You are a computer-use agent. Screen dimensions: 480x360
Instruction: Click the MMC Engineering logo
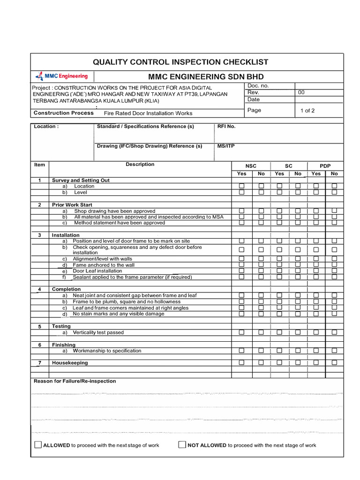(62, 76)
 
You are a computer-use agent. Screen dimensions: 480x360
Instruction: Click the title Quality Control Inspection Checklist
(180, 62)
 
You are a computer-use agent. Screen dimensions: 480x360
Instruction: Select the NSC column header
(251, 166)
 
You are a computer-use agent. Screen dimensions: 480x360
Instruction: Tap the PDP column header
(325, 166)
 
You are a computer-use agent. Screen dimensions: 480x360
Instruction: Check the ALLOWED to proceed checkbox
(38, 445)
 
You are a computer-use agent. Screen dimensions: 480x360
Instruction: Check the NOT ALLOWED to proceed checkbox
(182, 445)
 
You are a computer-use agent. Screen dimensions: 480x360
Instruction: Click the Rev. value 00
(301, 92)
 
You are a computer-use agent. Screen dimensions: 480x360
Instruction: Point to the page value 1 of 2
(307, 111)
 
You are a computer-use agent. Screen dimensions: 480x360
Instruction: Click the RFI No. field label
(226, 127)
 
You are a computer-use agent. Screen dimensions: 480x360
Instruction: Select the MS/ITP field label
(226, 146)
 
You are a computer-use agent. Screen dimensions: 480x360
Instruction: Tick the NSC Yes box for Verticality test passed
(242, 332)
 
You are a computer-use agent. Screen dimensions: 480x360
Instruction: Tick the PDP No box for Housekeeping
(334, 362)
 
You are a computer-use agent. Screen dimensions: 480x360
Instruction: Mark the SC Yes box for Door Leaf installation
(279, 271)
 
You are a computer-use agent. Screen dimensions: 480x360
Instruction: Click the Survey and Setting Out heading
(81, 180)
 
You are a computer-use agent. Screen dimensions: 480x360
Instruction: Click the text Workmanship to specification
(107, 351)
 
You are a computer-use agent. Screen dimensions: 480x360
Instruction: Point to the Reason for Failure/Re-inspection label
(75, 381)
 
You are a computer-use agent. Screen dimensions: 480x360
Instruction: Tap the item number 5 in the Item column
(40, 326)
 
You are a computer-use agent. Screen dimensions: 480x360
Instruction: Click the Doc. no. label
(258, 86)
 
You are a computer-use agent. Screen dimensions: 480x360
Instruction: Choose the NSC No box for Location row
(261, 186)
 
